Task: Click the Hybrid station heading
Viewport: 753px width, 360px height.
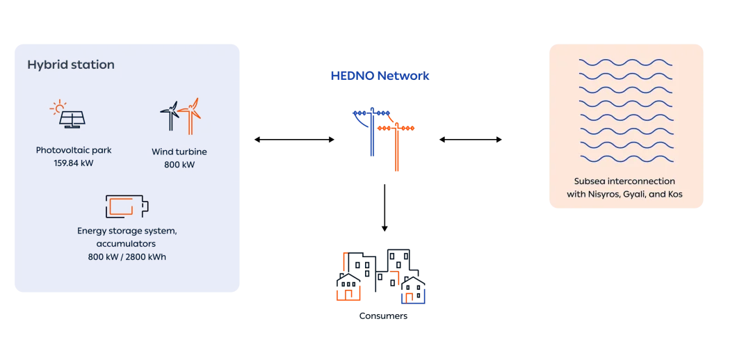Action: pos(71,65)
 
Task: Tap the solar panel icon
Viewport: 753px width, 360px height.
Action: pos(72,120)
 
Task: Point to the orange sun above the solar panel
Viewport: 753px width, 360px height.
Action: pos(58,108)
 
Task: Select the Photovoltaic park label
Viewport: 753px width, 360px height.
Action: pos(74,150)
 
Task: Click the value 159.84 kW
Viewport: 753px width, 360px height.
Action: pos(74,163)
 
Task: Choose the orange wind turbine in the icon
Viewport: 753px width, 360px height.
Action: pos(191,114)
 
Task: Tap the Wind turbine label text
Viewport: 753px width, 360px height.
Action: pos(179,152)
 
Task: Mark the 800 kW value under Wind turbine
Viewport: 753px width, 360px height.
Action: pos(179,165)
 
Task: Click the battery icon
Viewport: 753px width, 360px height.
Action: pos(127,206)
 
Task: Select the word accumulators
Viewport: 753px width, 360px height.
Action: pos(127,244)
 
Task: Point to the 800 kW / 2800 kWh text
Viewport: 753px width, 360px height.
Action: pos(127,257)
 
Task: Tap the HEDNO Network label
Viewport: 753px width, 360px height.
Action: pos(380,76)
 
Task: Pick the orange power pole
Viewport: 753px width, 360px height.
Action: pos(397,142)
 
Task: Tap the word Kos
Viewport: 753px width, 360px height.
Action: pos(675,195)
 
